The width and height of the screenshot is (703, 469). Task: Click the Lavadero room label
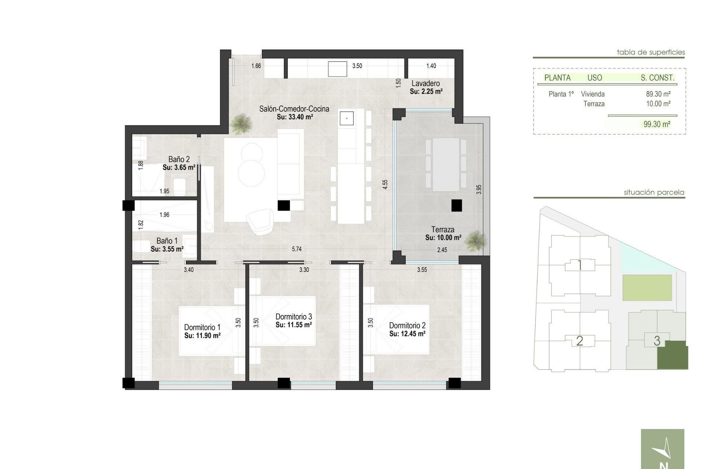pos(425,84)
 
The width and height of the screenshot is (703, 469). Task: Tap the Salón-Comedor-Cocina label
pos(294,109)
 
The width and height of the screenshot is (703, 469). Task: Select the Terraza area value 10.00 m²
pos(443,238)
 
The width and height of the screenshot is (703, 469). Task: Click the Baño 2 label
pos(179,159)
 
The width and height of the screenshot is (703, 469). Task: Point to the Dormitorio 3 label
pos(293,317)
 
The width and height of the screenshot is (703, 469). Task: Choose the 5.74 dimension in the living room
pos(297,249)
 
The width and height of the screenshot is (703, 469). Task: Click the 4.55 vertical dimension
pos(385,184)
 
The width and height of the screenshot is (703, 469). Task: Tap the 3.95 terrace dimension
pos(479,189)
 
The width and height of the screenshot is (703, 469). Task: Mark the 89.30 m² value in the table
pos(658,94)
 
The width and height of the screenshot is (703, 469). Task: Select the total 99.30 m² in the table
pos(657,124)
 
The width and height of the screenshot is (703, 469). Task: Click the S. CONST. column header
pos(657,78)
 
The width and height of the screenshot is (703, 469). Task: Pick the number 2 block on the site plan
pos(579,341)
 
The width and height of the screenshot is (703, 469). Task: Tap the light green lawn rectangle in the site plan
pos(647,288)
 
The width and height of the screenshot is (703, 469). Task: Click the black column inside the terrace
pos(456,206)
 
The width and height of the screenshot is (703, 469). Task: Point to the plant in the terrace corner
pos(476,241)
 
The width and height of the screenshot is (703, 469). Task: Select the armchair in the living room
pos(259,221)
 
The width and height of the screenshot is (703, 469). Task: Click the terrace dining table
pos(446,164)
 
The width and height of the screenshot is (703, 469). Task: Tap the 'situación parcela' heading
pos(654,192)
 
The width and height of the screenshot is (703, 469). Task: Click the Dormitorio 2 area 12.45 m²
pos(407,334)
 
